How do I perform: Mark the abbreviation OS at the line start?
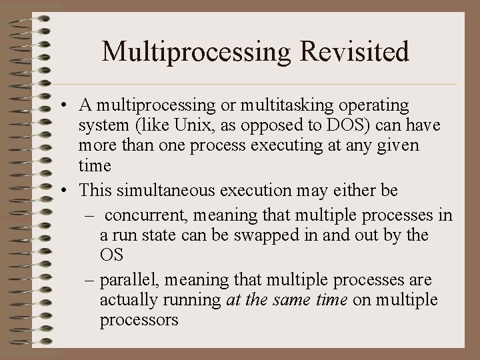(111, 255)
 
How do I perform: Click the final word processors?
(139, 319)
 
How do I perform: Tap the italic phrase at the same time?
(287, 300)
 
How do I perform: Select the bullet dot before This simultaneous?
(61, 190)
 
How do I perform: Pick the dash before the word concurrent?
(90, 216)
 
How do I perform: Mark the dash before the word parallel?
(90, 280)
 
